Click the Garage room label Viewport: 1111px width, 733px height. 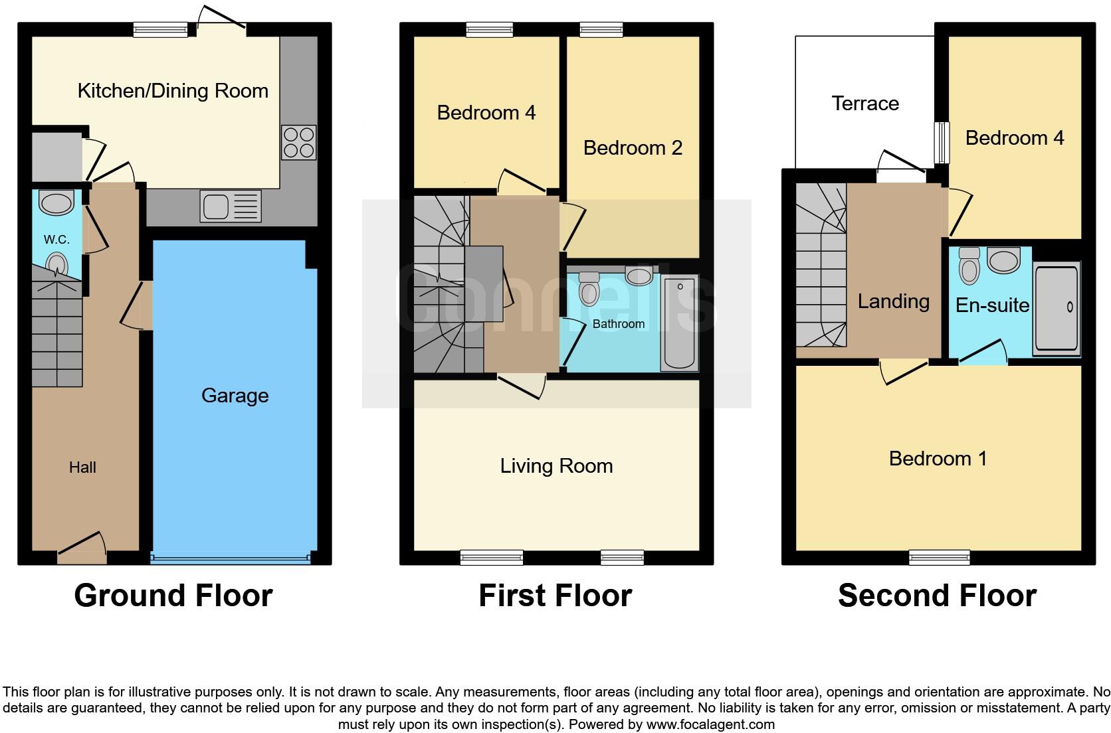coord(235,396)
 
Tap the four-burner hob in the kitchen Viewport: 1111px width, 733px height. coord(298,143)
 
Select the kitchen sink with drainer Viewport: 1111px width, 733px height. coord(232,206)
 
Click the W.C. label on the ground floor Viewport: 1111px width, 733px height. coord(57,240)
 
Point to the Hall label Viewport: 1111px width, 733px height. coord(82,467)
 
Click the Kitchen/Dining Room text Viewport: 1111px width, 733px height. coord(173,91)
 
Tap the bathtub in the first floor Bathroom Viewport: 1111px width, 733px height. coord(678,324)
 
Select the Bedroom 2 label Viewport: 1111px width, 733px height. coord(633,147)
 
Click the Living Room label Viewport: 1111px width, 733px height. coord(556,466)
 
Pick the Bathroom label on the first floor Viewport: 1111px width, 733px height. coord(618,324)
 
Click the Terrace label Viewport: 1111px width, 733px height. coord(865,104)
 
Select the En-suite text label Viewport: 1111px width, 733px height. coord(992,305)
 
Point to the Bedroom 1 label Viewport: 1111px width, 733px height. coord(938,459)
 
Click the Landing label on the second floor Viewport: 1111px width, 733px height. coord(893,301)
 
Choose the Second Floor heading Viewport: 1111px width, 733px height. coord(937,596)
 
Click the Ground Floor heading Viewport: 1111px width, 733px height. coord(173,596)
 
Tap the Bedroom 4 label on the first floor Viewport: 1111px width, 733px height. coord(486,113)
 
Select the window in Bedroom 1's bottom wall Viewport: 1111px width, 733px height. coord(940,558)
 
